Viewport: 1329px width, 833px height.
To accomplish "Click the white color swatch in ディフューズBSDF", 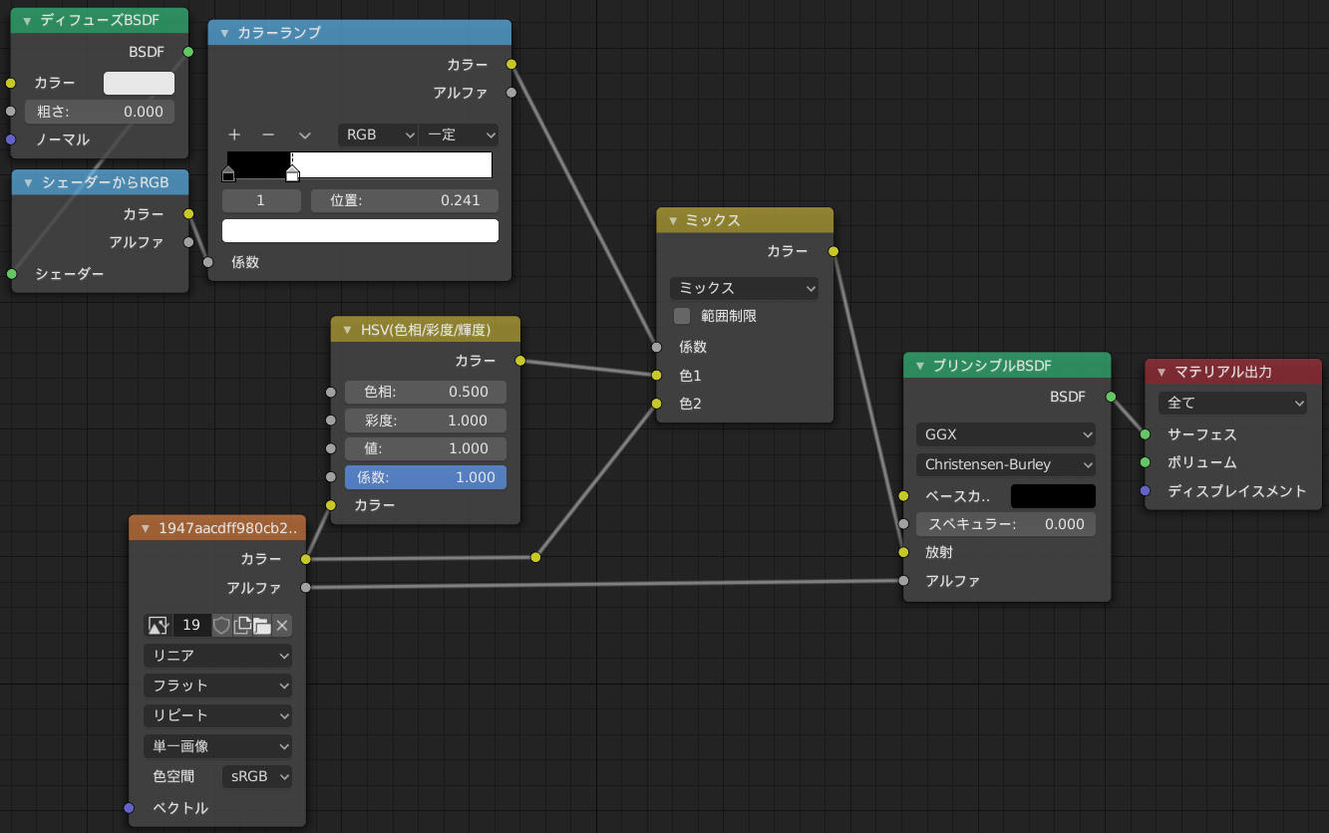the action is pos(139,83).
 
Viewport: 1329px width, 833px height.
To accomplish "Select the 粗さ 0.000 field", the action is pos(100,112).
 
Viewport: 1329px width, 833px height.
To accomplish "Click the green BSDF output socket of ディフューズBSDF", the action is pos(188,52).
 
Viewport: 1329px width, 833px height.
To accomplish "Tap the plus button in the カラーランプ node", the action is pos(234,136).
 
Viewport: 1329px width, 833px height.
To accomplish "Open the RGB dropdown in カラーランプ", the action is pos(378,136).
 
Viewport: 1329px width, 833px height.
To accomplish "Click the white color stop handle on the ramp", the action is pos(292,173).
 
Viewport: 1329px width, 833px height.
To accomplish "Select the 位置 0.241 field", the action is pos(405,200).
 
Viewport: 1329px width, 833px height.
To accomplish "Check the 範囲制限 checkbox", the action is pos(682,316).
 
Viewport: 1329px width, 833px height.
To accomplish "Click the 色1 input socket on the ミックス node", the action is pos(656,376).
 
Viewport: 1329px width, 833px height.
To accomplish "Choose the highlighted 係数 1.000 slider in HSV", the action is pos(426,477).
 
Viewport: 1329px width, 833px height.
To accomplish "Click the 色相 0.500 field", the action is pos(426,392).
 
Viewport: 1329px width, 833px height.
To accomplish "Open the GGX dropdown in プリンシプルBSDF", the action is pos(1006,434).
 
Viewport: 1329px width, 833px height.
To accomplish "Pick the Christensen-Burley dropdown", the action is pos(1006,464).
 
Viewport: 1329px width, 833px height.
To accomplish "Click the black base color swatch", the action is pos(1053,496).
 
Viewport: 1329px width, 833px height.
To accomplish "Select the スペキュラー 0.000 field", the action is pos(1006,524).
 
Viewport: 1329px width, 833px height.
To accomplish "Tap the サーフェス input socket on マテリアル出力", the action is pos(1146,434).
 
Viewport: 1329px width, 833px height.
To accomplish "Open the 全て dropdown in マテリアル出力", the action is pos(1232,404).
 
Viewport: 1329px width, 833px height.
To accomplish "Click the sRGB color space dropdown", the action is pos(257,776).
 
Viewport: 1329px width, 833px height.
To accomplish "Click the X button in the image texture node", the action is pos(282,625).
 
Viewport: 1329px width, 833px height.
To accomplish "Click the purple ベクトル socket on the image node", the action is pos(129,807).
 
